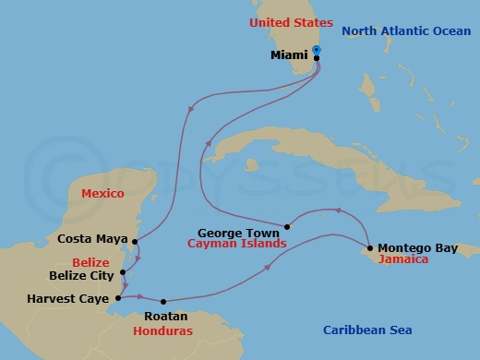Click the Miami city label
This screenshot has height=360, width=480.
pyautogui.click(x=290, y=55)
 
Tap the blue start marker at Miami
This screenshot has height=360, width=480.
pyautogui.click(x=316, y=50)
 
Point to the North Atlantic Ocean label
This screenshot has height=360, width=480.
pyautogui.click(x=405, y=30)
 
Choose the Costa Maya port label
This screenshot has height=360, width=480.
pyautogui.click(x=92, y=238)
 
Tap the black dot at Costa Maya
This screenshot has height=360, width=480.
pyautogui.click(x=135, y=242)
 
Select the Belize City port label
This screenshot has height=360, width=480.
pyautogui.click(x=81, y=275)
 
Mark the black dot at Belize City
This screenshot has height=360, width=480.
pyautogui.click(x=123, y=272)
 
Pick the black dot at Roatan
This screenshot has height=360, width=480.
pyautogui.click(x=163, y=301)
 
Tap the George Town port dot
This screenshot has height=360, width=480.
pyautogui.click(x=287, y=227)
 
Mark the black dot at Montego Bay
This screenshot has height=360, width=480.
pyautogui.click(x=369, y=247)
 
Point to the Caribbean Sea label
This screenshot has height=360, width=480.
pyautogui.click(x=367, y=330)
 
